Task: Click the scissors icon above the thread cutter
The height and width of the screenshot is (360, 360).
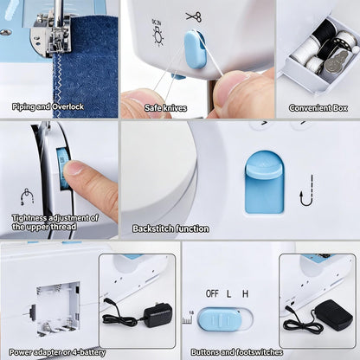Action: (x=194, y=16)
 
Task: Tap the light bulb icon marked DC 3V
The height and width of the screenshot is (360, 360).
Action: (x=157, y=33)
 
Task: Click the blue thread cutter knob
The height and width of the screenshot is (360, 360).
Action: (x=194, y=49)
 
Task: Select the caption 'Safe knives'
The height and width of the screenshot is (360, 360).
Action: (x=165, y=108)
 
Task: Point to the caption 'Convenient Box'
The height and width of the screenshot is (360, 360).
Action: (x=318, y=108)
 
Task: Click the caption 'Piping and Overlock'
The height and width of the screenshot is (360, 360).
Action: (x=48, y=106)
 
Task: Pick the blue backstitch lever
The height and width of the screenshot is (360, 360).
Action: (x=265, y=183)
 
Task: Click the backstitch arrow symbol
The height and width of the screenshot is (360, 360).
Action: (x=306, y=190)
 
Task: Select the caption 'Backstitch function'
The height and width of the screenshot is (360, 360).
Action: (x=170, y=228)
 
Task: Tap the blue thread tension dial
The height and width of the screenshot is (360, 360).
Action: (x=63, y=169)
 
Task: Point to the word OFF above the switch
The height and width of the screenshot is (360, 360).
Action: (x=212, y=293)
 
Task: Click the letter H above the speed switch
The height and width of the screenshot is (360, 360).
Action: (x=245, y=293)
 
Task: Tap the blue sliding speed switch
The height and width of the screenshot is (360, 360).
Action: (x=220, y=319)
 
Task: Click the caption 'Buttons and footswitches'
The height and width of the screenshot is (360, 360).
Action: (x=237, y=352)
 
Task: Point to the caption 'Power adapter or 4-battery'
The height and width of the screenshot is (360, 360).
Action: (x=57, y=352)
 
